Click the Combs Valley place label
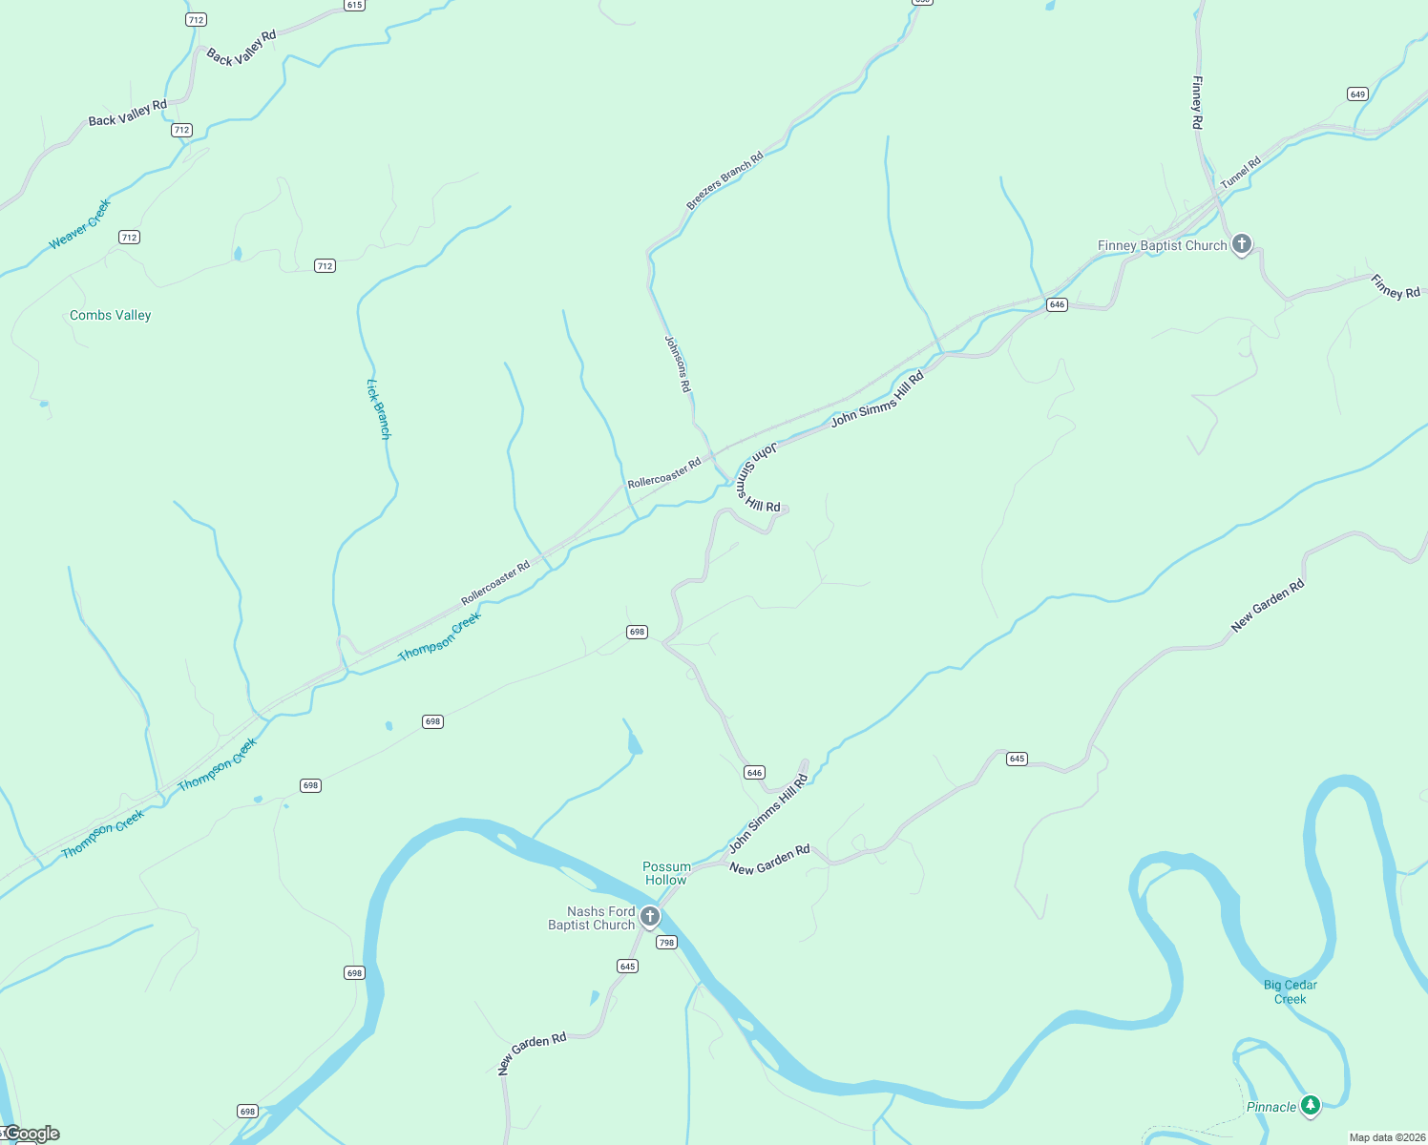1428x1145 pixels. pos(110,315)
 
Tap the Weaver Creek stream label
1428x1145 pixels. pos(80,224)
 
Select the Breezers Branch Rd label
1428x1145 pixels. pos(724,180)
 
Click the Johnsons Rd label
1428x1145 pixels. pos(677,364)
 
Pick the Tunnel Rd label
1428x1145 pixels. pos(1241,173)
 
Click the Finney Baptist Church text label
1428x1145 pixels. pos(1162,245)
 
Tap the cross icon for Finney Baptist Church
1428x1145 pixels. pos(1241,244)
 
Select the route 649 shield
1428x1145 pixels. pos(1357,94)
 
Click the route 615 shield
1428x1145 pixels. pos(354,5)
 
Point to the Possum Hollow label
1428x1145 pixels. pos(666,873)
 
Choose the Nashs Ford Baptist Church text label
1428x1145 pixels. pos(593,918)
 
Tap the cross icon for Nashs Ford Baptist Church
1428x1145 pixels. pos(650,918)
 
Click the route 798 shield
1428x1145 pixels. pos(666,942)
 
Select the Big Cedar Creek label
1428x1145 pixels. pos(1291,991)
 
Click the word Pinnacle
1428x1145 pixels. pos(1271,1107)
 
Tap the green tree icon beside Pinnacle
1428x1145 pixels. pos(1312,1105)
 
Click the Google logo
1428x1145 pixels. pos(32,1134)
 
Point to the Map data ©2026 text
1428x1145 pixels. pos(1387,1137)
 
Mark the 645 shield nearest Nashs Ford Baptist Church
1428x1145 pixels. pos(627,966)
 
